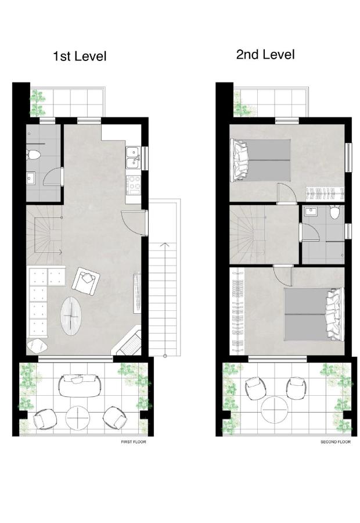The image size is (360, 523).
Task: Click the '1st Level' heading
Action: coord(80,56)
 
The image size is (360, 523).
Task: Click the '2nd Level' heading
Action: coord(266,55)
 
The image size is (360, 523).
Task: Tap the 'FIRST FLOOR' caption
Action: coord(134,442)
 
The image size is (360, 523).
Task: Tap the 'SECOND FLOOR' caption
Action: coord(336,442)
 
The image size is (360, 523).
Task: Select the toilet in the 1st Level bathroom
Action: coord(33,155)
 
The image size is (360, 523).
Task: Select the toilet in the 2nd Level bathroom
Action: coord(334,212)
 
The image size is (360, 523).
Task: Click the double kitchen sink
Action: coord(134,157)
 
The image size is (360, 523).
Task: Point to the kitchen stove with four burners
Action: coord(134,185)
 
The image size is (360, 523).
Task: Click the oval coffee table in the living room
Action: coord(71,316)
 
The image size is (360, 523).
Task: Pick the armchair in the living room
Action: coord(86,281)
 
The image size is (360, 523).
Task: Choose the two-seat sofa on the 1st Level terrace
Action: coord(80,386)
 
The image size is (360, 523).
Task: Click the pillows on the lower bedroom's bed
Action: coord(334,314)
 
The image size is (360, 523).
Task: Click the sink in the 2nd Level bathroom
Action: coord(311,212)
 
